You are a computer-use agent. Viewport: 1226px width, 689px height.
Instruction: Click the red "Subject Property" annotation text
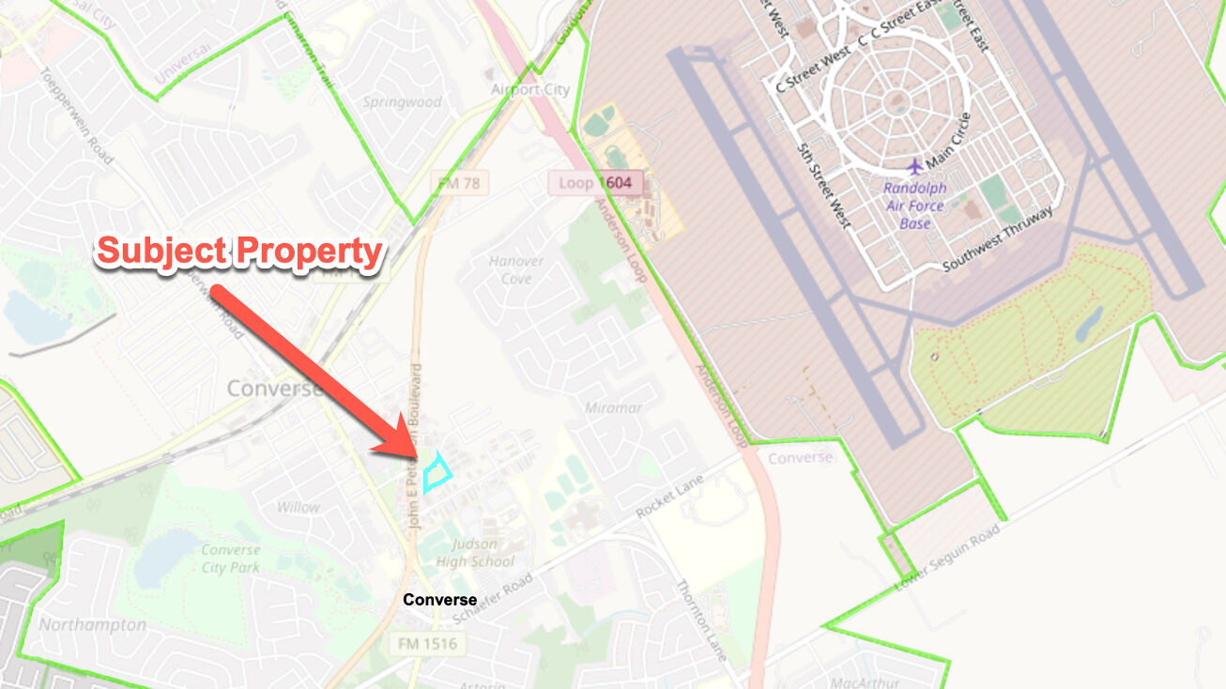240,252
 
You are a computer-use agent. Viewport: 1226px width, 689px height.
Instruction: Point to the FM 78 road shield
459,184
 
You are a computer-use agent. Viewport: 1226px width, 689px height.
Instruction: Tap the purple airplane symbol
915,166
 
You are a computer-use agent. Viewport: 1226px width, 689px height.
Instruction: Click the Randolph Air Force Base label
915,206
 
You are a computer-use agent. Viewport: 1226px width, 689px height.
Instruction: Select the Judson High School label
483,553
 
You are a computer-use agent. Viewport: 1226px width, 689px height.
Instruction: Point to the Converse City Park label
230,559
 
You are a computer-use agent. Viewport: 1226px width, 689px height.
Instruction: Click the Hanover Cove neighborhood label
516,269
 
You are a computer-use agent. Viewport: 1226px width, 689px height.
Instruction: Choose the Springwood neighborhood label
403,101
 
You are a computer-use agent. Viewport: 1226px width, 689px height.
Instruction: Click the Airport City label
530,90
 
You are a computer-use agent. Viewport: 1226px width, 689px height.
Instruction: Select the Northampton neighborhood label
92,624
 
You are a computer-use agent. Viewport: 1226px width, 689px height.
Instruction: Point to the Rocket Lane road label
669,496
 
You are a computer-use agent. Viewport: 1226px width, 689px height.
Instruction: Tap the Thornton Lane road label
700,620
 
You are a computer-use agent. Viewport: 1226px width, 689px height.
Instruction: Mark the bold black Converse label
440,600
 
